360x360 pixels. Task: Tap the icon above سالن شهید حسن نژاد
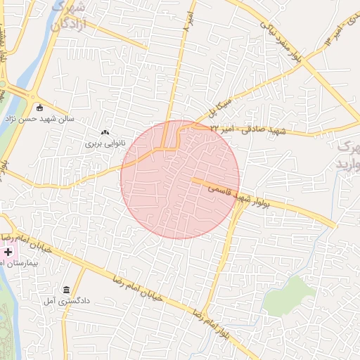(x=39, y=108)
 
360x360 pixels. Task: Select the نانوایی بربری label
(x=105, y=143)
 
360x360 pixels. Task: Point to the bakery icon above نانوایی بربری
(x=105, y=132)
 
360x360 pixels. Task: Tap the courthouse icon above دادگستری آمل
(x=67, y=290)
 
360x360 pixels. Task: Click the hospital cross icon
(x=8, y=251)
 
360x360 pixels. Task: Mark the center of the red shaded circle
(x=180, y=180)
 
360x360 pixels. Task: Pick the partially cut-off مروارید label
(x=349, y=155)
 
